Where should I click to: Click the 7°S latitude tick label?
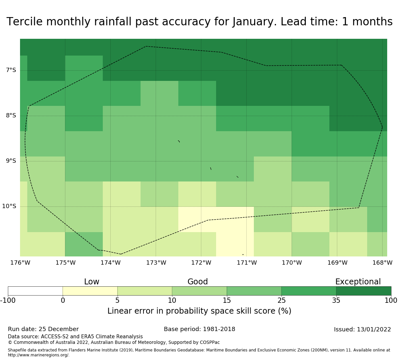[11, 70]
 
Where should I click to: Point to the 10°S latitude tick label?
[9, 206]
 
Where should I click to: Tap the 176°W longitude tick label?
[20, 263]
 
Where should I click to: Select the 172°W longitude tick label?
[201, 263]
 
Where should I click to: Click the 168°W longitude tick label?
[382, 263]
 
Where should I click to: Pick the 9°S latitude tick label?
[11, 161]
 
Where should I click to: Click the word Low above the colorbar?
[92, 282]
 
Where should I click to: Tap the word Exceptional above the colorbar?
[358, 282]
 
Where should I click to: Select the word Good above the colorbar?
[198, 282]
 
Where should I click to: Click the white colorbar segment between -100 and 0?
[35, 291]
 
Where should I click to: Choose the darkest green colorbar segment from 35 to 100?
[364, 291]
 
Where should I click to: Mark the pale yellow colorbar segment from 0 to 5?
[90, 291]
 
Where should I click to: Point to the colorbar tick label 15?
[227, 300]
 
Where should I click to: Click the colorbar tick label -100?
[8, 300]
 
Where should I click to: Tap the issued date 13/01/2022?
[374, 329]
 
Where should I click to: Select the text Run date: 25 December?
[43, 329]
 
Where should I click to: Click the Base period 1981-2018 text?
[199, 329]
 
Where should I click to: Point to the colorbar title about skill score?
[199, 311]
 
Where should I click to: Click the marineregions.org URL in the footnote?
[38, 355]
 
